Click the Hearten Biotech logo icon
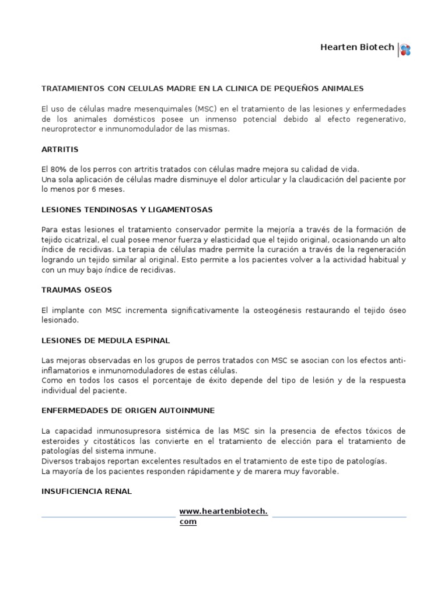(405, 50)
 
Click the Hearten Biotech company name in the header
(357, 47)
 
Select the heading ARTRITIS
(60, 149)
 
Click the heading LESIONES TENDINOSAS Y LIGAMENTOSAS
(127, 209)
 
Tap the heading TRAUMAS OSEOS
(76, 290)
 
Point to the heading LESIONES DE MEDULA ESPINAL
(106, 340)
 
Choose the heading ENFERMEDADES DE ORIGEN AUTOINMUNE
(128, 410)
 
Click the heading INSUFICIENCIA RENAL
(87, 491)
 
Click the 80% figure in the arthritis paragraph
(58, 169)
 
